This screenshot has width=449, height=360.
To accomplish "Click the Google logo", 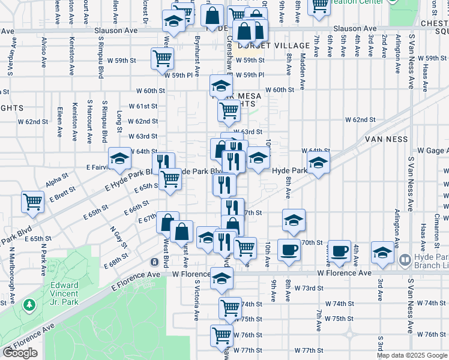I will [20, 353].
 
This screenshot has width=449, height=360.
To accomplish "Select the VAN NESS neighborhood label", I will [386, 139].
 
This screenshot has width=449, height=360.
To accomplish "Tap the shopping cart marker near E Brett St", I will [32, 202].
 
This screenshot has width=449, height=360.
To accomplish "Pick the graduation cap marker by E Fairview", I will [119, 158].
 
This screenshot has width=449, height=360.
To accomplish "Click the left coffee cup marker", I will [289, 249].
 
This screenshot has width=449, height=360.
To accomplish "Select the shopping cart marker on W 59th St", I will [162, 58].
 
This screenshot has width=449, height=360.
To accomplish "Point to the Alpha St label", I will [58, 179].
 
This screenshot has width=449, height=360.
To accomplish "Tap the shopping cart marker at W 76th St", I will [221, 335].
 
